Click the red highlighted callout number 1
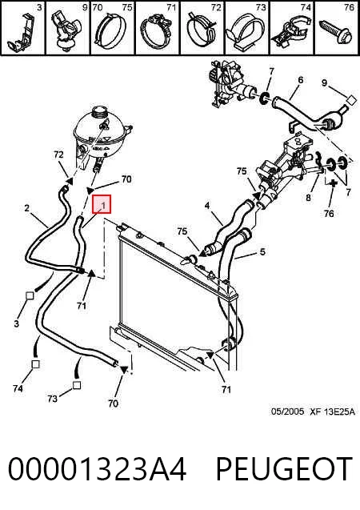pos(102,204)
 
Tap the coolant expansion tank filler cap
pos(99,113)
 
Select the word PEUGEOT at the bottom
pos(284,468)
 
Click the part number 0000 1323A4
pos(97,468)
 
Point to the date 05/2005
pos(287,412)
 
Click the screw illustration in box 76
pos(336,32)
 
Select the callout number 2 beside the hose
pos(27,207)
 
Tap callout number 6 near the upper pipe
pos(301,80)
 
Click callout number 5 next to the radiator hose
pos(262,251)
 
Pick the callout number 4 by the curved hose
pos(207,206)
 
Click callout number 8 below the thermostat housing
pos(308,197)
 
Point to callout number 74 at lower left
pos(18,388)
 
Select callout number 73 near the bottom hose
pos(52,398)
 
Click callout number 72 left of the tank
pos(58,155)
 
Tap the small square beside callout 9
pos(351,101)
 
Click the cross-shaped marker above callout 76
pos(332,183)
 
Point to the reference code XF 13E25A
pos(332,412)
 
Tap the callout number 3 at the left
pos(16,323)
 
